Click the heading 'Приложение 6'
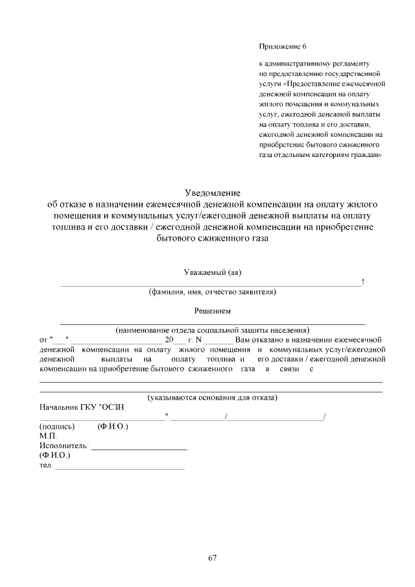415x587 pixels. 282,47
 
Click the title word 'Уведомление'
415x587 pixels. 213,193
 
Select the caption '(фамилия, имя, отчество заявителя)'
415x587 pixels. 212,292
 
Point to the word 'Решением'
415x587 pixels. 213,311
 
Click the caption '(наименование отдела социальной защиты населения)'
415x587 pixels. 212,330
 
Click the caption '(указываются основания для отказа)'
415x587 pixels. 212,396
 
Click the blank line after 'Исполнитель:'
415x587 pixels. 139,449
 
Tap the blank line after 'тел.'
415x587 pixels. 120,468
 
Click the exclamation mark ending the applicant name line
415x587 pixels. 363,282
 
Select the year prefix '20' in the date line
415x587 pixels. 170,339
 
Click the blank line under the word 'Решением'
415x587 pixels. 212,322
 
